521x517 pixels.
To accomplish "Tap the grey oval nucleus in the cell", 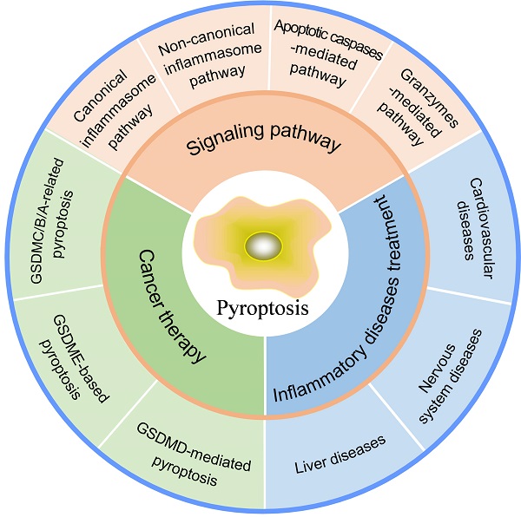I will (x=263, y=247).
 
